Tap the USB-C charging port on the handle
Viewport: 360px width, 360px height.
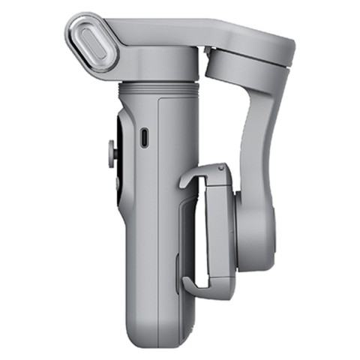pyautogui.click(x=145, y=136)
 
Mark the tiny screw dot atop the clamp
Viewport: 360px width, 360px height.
pyautogui.click(x=218, y=169)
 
